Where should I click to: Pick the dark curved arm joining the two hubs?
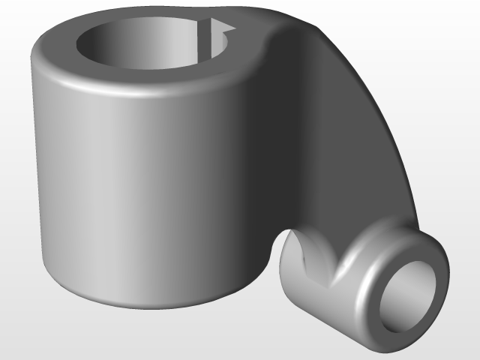pyautogui.click(x=345, y=135)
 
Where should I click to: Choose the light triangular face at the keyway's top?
pyautogui.click(x=222, y=31)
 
